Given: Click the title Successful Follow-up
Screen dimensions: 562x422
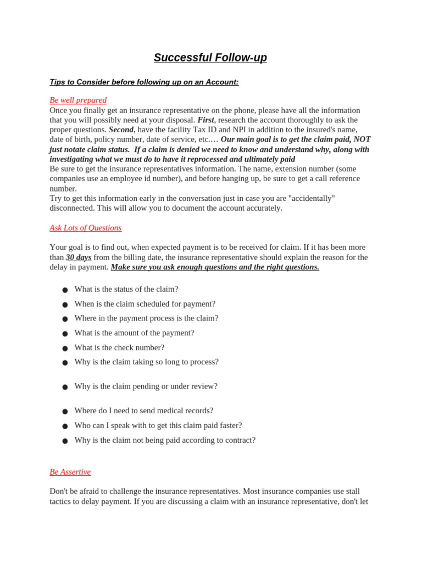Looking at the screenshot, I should tap(210, 58).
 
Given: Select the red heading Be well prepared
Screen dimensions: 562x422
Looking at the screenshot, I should tap(78, 100).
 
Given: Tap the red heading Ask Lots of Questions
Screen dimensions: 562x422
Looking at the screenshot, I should tap(86, 228).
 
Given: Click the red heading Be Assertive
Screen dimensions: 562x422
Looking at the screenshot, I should tap(70, 472).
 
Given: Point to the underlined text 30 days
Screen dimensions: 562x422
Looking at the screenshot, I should tap(79, 257).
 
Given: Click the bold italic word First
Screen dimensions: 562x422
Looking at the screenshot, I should tap(206, 120).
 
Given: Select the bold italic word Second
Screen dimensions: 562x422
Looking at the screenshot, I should tap(121, 130).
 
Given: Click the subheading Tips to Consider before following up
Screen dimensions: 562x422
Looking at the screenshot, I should tap(144, 82).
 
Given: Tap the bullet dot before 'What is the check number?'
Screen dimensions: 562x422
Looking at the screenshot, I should tap(65, 349).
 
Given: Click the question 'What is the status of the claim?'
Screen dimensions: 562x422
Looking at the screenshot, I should tap(126, 289).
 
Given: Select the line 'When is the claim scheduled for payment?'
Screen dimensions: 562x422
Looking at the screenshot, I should tap(145, 304).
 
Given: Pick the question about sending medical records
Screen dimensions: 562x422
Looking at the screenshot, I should tap(144, 411).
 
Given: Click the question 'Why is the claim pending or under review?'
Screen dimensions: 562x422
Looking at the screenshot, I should tap(146, 386).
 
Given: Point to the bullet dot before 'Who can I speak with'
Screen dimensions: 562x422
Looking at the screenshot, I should tap(65, 426).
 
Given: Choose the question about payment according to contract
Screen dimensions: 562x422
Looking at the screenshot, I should tap(165, 440).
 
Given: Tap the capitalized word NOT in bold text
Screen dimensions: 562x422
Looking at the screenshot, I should tap(362, 139).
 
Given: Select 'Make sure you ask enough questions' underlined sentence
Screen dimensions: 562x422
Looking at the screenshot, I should tap(215, 267).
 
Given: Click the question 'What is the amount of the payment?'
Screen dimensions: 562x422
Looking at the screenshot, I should tap(135, 333).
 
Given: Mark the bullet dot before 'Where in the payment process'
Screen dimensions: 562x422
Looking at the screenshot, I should tap(65, 319).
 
